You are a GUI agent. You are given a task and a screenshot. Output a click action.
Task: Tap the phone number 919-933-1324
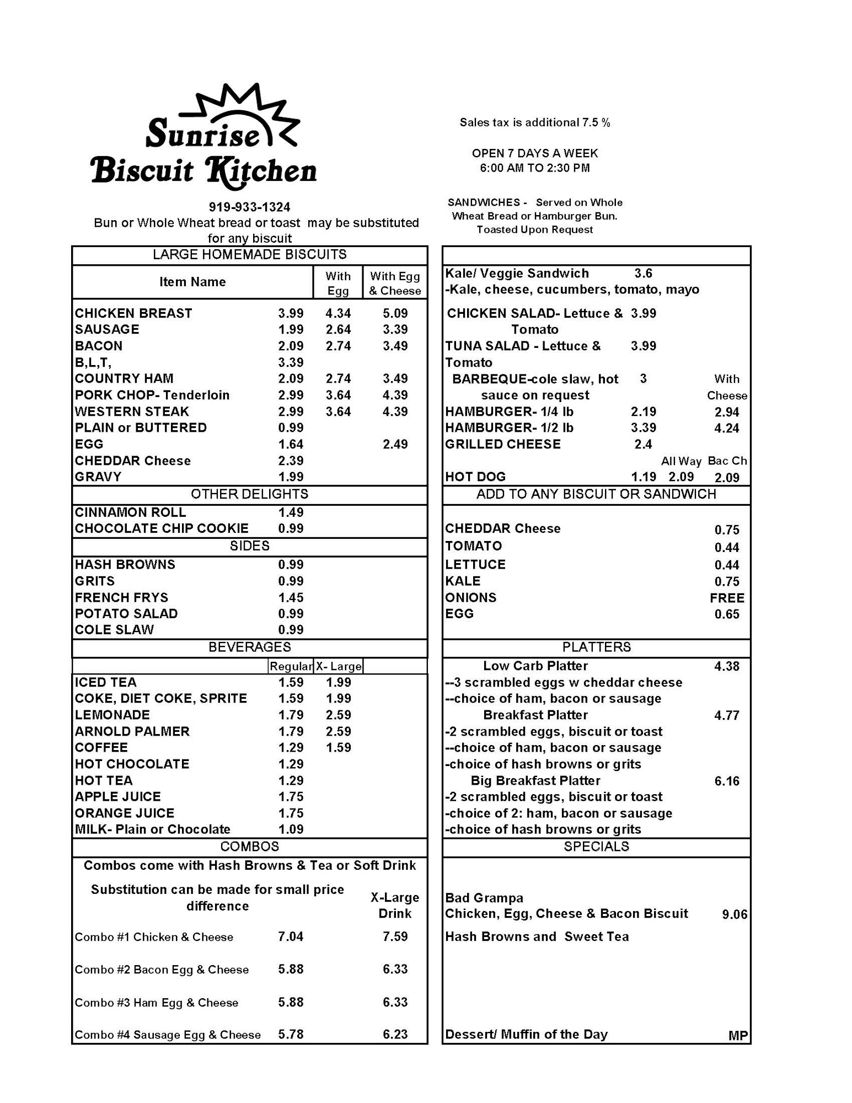pos(249,207)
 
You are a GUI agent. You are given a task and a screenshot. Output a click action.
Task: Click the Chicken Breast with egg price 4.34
pos(338,313)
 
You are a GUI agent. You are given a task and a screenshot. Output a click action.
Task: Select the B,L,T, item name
pos(93,362)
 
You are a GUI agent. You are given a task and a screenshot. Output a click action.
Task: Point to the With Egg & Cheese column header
pos(395,283)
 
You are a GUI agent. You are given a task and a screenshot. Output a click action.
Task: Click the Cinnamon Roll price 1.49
pos(291,512)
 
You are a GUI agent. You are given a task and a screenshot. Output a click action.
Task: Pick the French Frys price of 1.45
pos(291,597)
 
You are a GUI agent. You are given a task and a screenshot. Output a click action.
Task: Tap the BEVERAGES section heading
pos(249,647)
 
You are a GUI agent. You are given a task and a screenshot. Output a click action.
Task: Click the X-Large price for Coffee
pos(338,747)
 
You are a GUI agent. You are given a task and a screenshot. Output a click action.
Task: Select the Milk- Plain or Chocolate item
pos(153,829)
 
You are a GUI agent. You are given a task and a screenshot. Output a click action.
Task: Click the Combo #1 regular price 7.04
pos(291,936)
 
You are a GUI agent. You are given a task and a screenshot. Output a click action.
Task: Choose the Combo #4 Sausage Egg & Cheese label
pos(168,1035)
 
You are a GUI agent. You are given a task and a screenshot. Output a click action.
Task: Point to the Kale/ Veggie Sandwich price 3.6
pos(643,274)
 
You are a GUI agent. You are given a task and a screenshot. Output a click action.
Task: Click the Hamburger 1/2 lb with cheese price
pos(726,428)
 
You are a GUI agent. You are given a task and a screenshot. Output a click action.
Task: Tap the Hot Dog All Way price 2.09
pos(681,477)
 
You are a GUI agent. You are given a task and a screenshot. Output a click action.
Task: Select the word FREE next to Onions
pos(727,598)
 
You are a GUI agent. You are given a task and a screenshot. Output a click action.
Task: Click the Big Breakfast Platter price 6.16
pos(726,781)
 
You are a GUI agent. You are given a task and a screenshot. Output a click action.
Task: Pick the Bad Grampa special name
pos(484,898)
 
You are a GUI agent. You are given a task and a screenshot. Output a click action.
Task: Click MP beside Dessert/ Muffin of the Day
pos(738,1036)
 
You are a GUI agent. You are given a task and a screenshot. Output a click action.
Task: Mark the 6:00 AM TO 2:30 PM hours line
pos(534,168)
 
